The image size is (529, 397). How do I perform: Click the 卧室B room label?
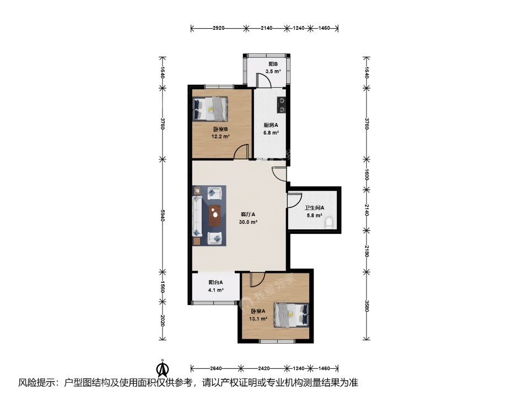pyautogui.click(x=220, y=129)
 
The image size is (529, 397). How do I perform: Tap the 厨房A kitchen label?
pyautogui.click(x=271, y=125)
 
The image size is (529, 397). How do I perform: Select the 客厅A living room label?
pyautogui.click(x=248, y=214)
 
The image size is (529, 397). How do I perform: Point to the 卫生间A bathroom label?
pyautogui.click(x=314, y=208)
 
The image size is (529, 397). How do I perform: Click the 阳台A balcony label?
pyautogui.click(x=215, y=282)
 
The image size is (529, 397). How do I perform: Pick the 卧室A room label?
pyautogui.click(x=258, y=311)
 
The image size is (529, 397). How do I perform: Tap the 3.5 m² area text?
pyautogui.click(x=273, y=71)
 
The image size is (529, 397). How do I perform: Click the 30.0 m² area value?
pyautogui.click(x=249, y=222)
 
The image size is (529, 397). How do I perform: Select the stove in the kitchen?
pyautogui.click(x=282, y=105)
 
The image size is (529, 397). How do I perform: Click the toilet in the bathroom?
pyautogui.click(x=329, y=223)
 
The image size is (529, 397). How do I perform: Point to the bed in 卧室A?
pyautogui.click(x=291, y=315)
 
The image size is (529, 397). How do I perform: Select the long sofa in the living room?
pyautogui.click(x=197, y=216)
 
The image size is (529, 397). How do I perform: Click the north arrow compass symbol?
pyautogui.click(x=163, y=368)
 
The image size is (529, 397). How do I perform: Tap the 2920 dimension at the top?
pyautogui.click(x=218, y=28)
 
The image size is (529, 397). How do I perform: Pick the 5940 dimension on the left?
pyautogui.click(x=163, y=216)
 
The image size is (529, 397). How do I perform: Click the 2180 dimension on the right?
pyautogui.click(x=367, y=250)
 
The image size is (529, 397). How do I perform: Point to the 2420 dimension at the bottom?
pyautogui.click(x=263, y=368)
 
